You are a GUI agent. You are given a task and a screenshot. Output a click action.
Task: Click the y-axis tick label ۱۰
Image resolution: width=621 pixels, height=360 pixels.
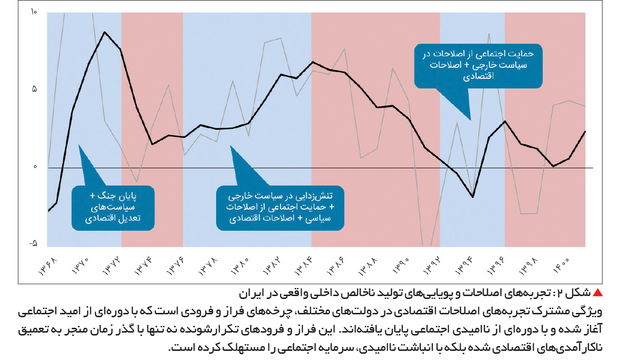coord(34,12)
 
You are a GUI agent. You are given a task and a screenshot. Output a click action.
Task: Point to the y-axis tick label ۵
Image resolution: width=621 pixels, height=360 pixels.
coord(35,89)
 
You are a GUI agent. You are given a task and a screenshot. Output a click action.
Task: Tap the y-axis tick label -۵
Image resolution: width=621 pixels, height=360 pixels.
coord(33,244)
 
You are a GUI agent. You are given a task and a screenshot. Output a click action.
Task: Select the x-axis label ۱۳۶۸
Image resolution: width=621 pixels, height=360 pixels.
coord(48,266)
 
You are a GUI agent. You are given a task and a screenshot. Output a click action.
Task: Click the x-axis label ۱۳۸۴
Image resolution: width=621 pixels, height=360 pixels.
coord(304,266)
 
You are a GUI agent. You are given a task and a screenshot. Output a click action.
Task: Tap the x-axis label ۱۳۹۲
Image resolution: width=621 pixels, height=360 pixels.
coord(432,266)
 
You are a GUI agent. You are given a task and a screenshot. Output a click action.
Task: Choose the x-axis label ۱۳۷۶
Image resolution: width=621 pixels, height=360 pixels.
coord(176,266)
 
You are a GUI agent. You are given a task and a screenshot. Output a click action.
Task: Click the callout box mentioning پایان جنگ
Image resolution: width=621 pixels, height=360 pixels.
coord(113,208)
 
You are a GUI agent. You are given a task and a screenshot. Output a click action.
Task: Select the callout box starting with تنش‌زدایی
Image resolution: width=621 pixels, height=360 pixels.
coord(280,208)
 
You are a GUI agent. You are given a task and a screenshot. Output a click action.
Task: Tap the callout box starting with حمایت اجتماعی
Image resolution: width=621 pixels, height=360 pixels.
coord(478,66)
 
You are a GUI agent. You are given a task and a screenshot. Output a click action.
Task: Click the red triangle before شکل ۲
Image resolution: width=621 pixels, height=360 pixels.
coord(597,293)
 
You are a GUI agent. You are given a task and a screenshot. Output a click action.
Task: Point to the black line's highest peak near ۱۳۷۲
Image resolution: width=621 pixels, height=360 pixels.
coord(105,32)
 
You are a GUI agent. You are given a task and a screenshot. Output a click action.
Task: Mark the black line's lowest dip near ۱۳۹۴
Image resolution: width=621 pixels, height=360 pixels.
coord(473,197)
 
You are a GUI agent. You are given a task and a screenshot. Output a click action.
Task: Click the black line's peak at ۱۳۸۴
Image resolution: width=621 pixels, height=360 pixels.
coord(313,62)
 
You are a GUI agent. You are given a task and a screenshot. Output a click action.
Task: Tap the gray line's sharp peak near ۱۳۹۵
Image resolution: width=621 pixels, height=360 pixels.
coord(489,34)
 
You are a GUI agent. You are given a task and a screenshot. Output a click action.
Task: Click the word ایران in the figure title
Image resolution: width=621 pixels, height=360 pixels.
coord(250,294)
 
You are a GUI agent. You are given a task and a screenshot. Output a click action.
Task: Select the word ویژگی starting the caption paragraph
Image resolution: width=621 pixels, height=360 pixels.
coord(589,312)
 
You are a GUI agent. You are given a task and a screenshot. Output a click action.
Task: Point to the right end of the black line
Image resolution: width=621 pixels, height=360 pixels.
coord(585,132)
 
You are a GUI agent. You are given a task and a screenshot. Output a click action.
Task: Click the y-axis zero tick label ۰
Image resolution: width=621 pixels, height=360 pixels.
coord(35,167)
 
